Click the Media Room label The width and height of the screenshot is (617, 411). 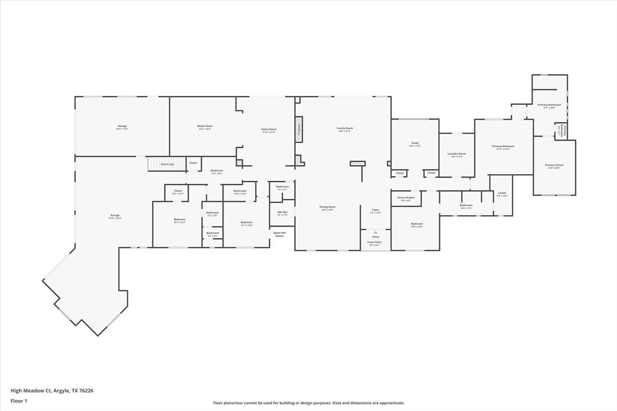(x=205, y=127)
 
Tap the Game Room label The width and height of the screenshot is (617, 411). (x=268, y=130)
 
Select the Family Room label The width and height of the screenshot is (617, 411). (x=345, y=128)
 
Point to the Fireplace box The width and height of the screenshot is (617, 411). (x=298, y=130)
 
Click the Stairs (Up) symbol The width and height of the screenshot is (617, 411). (x=163, y=164)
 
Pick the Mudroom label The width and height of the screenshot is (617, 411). (x=217, y=171)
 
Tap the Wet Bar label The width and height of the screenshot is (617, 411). (x=282, y=212)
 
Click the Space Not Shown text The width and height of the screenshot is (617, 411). (x=280, y=234)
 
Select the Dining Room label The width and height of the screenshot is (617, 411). (x=328, y=207)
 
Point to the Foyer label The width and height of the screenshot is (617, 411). (x=375, y=210)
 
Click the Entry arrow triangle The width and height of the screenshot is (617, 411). (x=375, y=232)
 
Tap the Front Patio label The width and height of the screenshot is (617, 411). (x=374, y=242)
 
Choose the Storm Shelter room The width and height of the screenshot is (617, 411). (x=406, y=198)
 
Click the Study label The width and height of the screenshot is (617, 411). (x=415, y=143)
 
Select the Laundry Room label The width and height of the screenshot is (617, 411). (x=457, y=154)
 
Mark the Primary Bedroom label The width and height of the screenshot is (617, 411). (x=503, y=146)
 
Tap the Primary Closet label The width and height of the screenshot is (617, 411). (x=554, y=166)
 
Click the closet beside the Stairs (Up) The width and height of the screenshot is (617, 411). (x=193, y=163)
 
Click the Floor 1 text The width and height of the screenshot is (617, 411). (x=19, y=400)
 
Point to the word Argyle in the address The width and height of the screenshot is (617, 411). (x=62, y=390)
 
